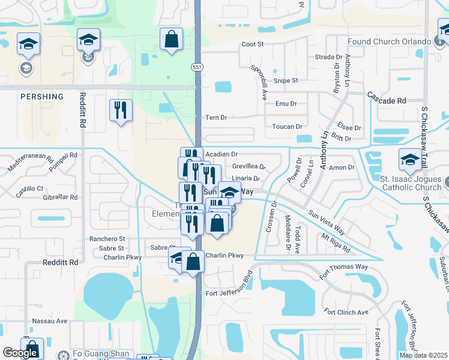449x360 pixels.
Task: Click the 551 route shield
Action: [197, 67]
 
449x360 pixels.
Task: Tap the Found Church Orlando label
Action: [389, 43]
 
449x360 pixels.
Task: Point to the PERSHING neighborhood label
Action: [42, 97]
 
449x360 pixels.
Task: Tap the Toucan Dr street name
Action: [286, 127]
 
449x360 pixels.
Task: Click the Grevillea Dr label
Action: [249, 166]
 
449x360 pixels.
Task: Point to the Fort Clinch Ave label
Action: [345, 312]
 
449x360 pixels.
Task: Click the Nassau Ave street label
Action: [50, 321]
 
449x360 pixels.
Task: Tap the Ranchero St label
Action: [106, 239]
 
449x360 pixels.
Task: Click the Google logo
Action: [20, 353]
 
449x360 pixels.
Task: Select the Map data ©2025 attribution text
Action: [423, 355]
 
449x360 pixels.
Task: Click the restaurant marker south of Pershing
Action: [121, 110]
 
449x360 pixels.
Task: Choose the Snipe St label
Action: [286, 80]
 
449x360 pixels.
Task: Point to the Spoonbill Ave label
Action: [260, 83]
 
